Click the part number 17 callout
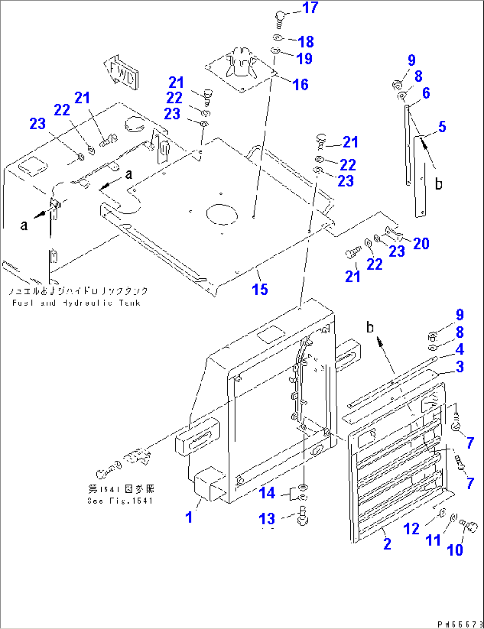310,8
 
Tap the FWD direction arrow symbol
121,73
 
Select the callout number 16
301,84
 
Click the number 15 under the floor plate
260,289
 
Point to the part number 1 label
189,517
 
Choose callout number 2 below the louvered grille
387,544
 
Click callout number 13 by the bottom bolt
267,518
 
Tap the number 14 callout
267,493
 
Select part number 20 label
421,243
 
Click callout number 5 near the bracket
442,127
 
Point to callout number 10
455,550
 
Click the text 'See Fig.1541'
120,501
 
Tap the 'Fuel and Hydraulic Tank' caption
76,303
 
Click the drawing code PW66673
460,624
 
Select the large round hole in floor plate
222,214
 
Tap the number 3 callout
460,367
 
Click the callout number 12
411,529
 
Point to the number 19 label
305,59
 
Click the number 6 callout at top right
426,93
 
